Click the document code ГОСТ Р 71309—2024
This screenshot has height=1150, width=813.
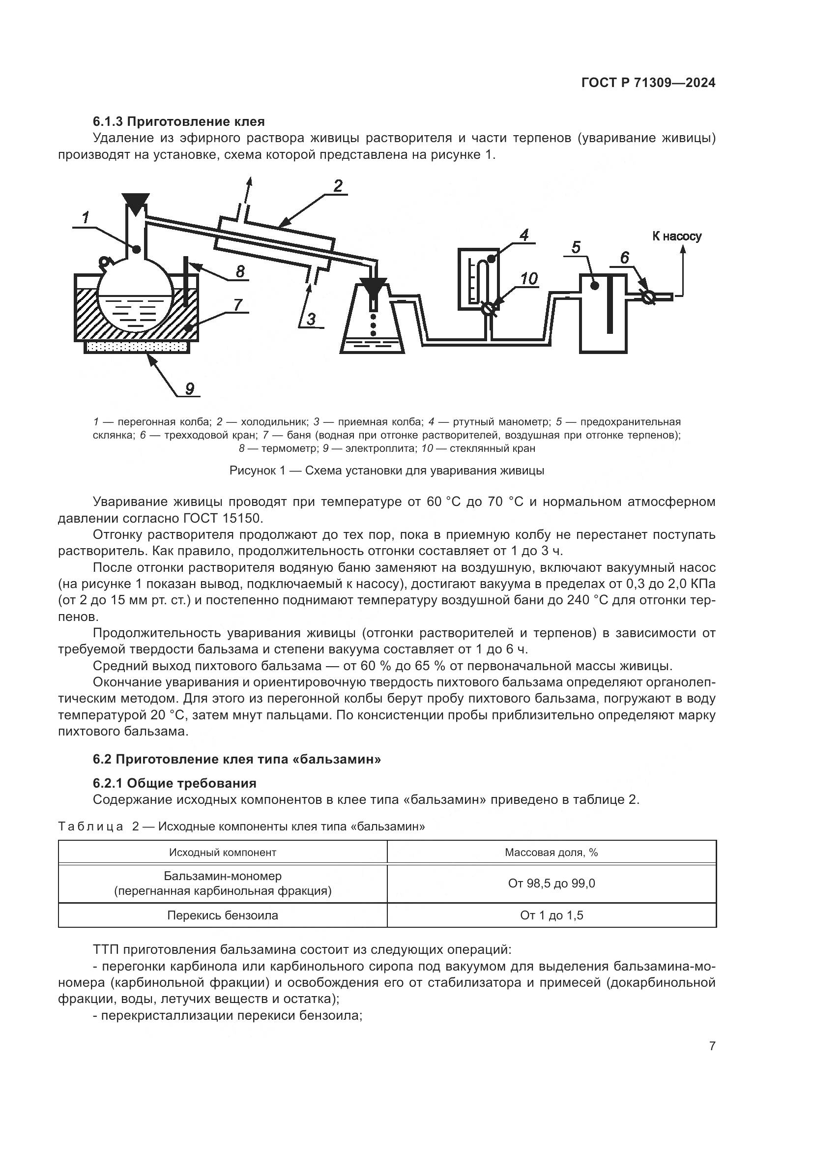point(648,83)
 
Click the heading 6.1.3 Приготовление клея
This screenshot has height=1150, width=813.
point(179,121)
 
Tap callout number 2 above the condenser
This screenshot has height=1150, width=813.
point(338,186)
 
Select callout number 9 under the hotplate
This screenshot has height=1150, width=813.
point(190,388)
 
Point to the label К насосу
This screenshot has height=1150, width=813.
point(676,236)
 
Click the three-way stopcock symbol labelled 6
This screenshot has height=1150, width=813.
point(648,296)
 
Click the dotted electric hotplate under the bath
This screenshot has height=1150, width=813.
point(137,347)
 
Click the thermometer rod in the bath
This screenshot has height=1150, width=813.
point(186,283)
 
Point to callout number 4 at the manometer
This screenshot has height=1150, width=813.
point(523,235)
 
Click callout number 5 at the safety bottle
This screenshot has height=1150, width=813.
point(576,247)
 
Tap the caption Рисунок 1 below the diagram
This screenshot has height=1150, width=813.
point(386,471)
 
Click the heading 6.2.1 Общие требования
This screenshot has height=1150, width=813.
point(174,783)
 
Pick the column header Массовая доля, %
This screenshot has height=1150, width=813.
point(551,852)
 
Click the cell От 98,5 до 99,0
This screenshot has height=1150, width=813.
point(551,883)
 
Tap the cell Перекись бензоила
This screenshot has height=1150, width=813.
point(222,915)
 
